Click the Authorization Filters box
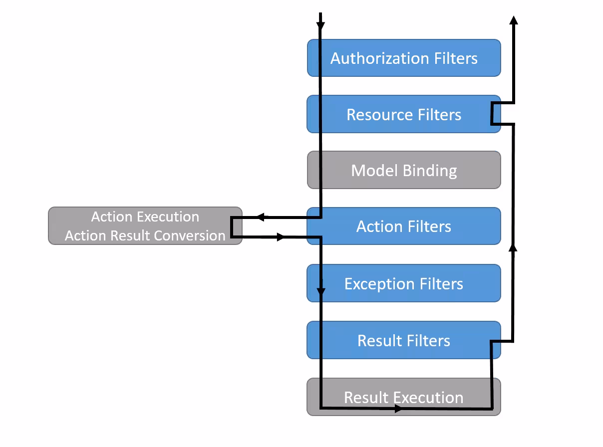point(403,58)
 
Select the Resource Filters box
point(403,114)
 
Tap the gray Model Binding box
point(403,170)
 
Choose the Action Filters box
point(403,226)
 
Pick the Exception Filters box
point(403,283)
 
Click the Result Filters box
point(403,340)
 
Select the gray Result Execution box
point(403,397)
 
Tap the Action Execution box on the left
point(145,225)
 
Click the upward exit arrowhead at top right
point(513,19)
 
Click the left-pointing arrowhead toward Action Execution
point(260,218)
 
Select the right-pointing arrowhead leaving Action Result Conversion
point(281,237)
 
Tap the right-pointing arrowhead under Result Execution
point(398,409)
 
